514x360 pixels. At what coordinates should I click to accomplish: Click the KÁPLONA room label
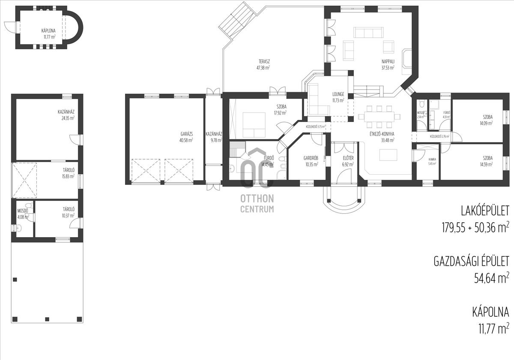48,31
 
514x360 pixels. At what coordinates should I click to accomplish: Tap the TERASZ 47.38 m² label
263,61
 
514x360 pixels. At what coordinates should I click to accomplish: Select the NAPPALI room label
388,61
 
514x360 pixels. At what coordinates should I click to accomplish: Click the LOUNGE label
338,94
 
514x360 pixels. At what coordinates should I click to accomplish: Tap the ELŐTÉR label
347,158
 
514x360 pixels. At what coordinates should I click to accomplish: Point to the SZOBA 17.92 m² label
281,107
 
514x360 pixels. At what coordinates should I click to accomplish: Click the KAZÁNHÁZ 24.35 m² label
66,112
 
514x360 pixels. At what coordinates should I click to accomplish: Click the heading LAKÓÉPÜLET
484,211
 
